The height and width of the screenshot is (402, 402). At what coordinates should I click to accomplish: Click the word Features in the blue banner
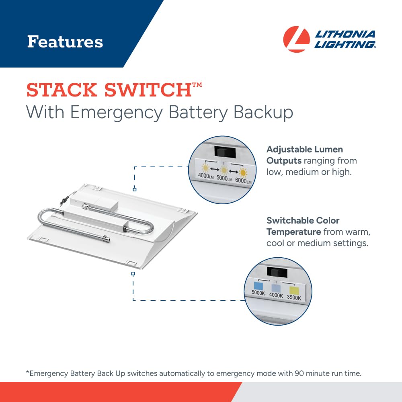coord(65,42)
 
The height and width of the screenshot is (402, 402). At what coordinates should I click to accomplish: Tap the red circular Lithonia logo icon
coord(296,39)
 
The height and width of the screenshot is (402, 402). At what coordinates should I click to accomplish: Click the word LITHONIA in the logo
coord(345,34)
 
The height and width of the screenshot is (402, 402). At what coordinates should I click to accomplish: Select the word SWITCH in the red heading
coord(148,90)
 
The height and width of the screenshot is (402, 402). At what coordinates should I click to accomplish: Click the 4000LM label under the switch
coord(205,176)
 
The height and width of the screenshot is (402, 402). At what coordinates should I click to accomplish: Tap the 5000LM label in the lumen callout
coord(224,178)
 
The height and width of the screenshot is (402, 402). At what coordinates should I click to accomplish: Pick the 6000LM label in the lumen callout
coord(243,180)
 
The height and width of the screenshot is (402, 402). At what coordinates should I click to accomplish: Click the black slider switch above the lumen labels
coord(225,151)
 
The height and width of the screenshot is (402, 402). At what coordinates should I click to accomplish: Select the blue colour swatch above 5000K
coord(258,285)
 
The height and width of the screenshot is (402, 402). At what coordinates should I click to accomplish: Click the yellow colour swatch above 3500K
coord(294,291)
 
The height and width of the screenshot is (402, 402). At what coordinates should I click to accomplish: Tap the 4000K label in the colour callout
coord(276,295)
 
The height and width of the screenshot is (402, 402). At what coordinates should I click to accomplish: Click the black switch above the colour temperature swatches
coord(277,272)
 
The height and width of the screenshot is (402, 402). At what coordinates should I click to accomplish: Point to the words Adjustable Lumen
coord(305,149)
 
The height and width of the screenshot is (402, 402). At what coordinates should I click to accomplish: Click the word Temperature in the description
coord(293,232)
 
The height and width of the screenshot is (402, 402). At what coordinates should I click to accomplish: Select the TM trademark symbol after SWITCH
coord(197,84)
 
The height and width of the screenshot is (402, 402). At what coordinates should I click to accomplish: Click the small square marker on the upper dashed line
coord(135,189)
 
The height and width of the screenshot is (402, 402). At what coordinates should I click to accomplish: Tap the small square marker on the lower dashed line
coord(133,274)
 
